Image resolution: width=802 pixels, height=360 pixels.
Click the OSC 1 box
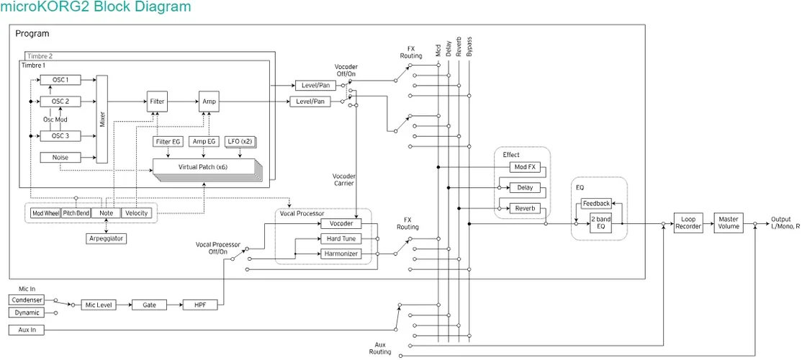click(60, 80)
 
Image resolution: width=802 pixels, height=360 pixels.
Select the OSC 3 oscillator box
click(60, 135)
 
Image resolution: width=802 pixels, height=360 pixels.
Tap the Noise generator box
click(60, 157)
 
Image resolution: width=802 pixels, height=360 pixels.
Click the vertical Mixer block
click(102, 119)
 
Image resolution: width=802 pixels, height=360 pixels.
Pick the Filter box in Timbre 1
click(157, 102)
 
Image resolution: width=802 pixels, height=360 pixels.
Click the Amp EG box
click(204, 142)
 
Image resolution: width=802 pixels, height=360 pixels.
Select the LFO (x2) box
click(240, 142)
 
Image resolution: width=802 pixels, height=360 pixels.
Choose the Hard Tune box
click(341, 238)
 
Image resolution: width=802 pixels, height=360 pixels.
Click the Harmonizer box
click(341, 253)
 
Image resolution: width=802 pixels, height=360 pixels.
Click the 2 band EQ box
click(602, 222)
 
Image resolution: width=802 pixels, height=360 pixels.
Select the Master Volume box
click(729, 222)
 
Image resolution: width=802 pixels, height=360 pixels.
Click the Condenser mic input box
click(27, 300)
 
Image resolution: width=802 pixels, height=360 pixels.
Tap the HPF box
click(199, 305)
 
